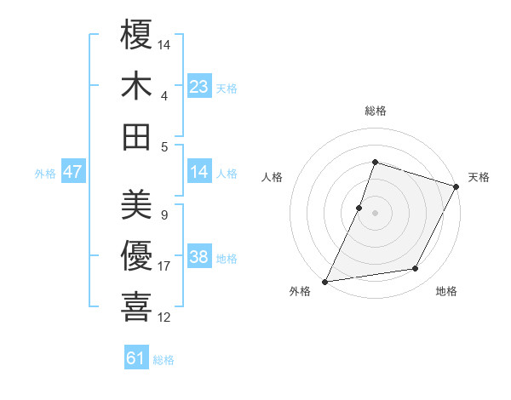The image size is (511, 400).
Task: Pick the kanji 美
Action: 136,203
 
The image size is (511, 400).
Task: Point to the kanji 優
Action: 136,255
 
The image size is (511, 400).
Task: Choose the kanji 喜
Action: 136,306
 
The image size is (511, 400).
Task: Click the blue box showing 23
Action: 199,86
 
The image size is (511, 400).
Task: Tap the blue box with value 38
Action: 199,257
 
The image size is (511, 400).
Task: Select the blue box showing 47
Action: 73,172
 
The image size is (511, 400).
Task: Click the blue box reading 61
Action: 136,358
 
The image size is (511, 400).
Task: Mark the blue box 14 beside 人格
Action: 199,172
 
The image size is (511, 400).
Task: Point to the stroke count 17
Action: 164,266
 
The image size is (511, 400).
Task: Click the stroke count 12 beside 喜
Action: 164,317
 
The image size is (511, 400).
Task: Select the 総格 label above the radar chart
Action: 375,111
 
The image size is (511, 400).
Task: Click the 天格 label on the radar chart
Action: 479,177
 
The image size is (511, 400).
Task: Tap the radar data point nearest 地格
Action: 416,269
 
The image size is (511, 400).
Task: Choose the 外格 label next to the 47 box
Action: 45,173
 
